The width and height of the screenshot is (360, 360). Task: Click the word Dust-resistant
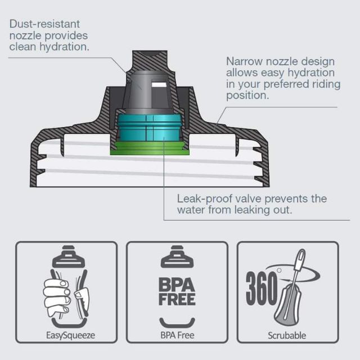pyautogui.click(x=44, y=24)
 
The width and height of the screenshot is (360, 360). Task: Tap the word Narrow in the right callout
pyautogui.click(x=244, y=61)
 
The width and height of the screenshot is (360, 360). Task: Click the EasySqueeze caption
pyautogui.click(x=70, y=335)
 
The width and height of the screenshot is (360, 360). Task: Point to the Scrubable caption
pyautogui.click(x=287, y=336)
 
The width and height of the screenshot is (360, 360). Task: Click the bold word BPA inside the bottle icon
pyautogui.click(x=177, y=285)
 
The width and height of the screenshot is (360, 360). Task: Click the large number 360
pyautogui.click(x=262, y=289)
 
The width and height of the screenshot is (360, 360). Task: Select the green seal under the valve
pyautogui.click(x=150, y=148)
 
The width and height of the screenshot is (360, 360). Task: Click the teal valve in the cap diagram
pyautogui.click(x=150, y=128)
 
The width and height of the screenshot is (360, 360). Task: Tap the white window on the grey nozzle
pyautogui.click(x=159, y=84)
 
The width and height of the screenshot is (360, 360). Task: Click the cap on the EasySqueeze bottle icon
pyautogui.click(x=69, y=256)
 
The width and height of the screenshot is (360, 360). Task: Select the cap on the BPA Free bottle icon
pyautogui.click(x=177, y=256)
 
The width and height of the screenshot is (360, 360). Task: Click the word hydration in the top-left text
pyautogui.click(x=64, y=47)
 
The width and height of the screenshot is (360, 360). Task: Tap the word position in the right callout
pyautogui.click(x=247, y=96)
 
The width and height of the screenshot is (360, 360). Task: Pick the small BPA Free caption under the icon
pyautogui.click(x=177, y=335)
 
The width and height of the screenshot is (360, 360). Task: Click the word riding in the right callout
pyautogui.click(x=326, y=84)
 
